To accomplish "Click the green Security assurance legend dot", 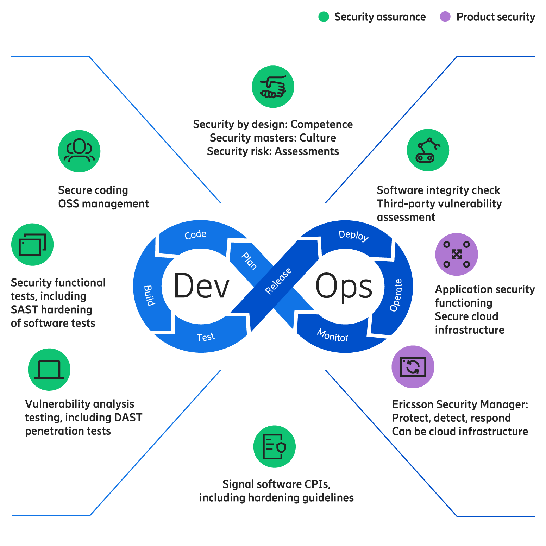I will pyautogui.click(x=323, y=17).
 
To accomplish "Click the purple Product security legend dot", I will pyautogui.click(x=445, y=17).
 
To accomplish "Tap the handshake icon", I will pyautogui.click(x=273, y=87).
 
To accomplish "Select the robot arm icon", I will pyautogui.click(x=428, y=150).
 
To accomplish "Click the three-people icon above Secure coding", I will pyautogui.click(x=79, y=151).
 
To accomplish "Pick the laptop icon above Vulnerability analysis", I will pyautogui.click(x=49, y=370).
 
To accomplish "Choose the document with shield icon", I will pyautogui.click(x=274, y=447).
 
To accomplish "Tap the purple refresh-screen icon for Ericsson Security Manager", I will pyautogui.click(x=413, y=367).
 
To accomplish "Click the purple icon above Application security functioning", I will pyautogui.click(x=456, y=254).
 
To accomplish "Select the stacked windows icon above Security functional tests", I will pyautogui.click(x=32, y=244).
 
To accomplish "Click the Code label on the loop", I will pyautogui.click(x=195, y=234).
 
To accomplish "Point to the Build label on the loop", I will pyautogui.click(x=149, y=296).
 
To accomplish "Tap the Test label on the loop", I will pyautogui.click(x=206, y=337).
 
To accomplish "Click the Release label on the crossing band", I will pyautogui.click(x=278, y=281).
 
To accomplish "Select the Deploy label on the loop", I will pyautogui.click(x=353, y=236).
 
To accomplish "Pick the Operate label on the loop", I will pyautogui.click(x=396, y=295).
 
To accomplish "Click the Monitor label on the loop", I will pyautogui.click(x=332, y=335).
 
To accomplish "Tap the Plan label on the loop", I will pyautogui.click(x=249, y=261).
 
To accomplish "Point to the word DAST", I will pyautogui.click(x=128, y=418).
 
